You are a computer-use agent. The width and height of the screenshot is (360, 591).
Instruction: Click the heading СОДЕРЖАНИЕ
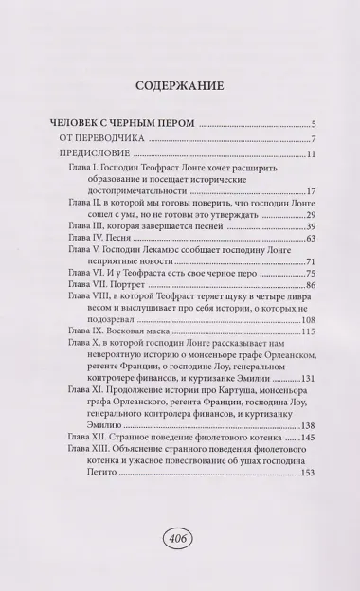[x=179, y=83]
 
